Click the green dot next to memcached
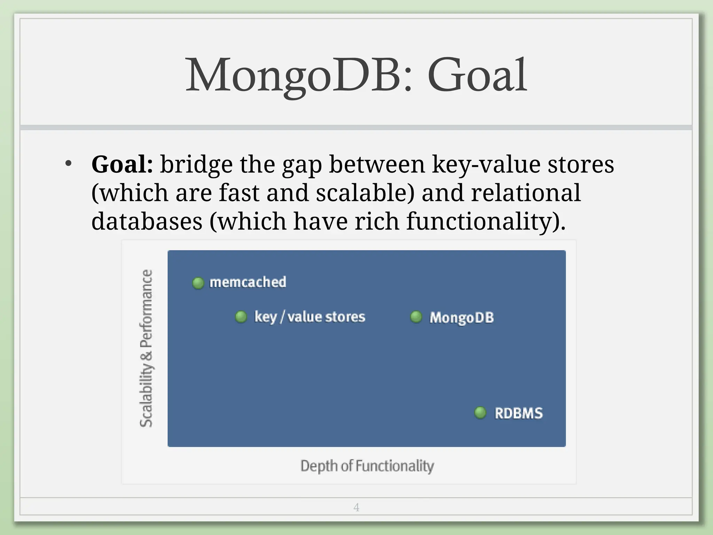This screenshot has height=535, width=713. tap(198, 283)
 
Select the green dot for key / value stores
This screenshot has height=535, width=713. tap(241, 317)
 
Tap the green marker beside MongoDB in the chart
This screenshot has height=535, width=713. tap(416, 317)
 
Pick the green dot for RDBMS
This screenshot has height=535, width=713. tap(480, 413)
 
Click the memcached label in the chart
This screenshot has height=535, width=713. tap(248, 282)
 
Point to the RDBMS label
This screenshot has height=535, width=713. tap(519, 413)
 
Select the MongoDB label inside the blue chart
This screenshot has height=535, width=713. tap(462, 317)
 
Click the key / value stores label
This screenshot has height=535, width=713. tap(310, 317)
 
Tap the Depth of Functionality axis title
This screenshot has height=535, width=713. tap(367, 466)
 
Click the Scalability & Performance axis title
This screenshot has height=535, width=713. tap(146, 348)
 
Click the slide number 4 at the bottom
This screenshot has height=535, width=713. tap(356, 507)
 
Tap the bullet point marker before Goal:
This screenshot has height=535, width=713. tap(68, 163)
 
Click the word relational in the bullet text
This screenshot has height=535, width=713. tap(526, 193)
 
